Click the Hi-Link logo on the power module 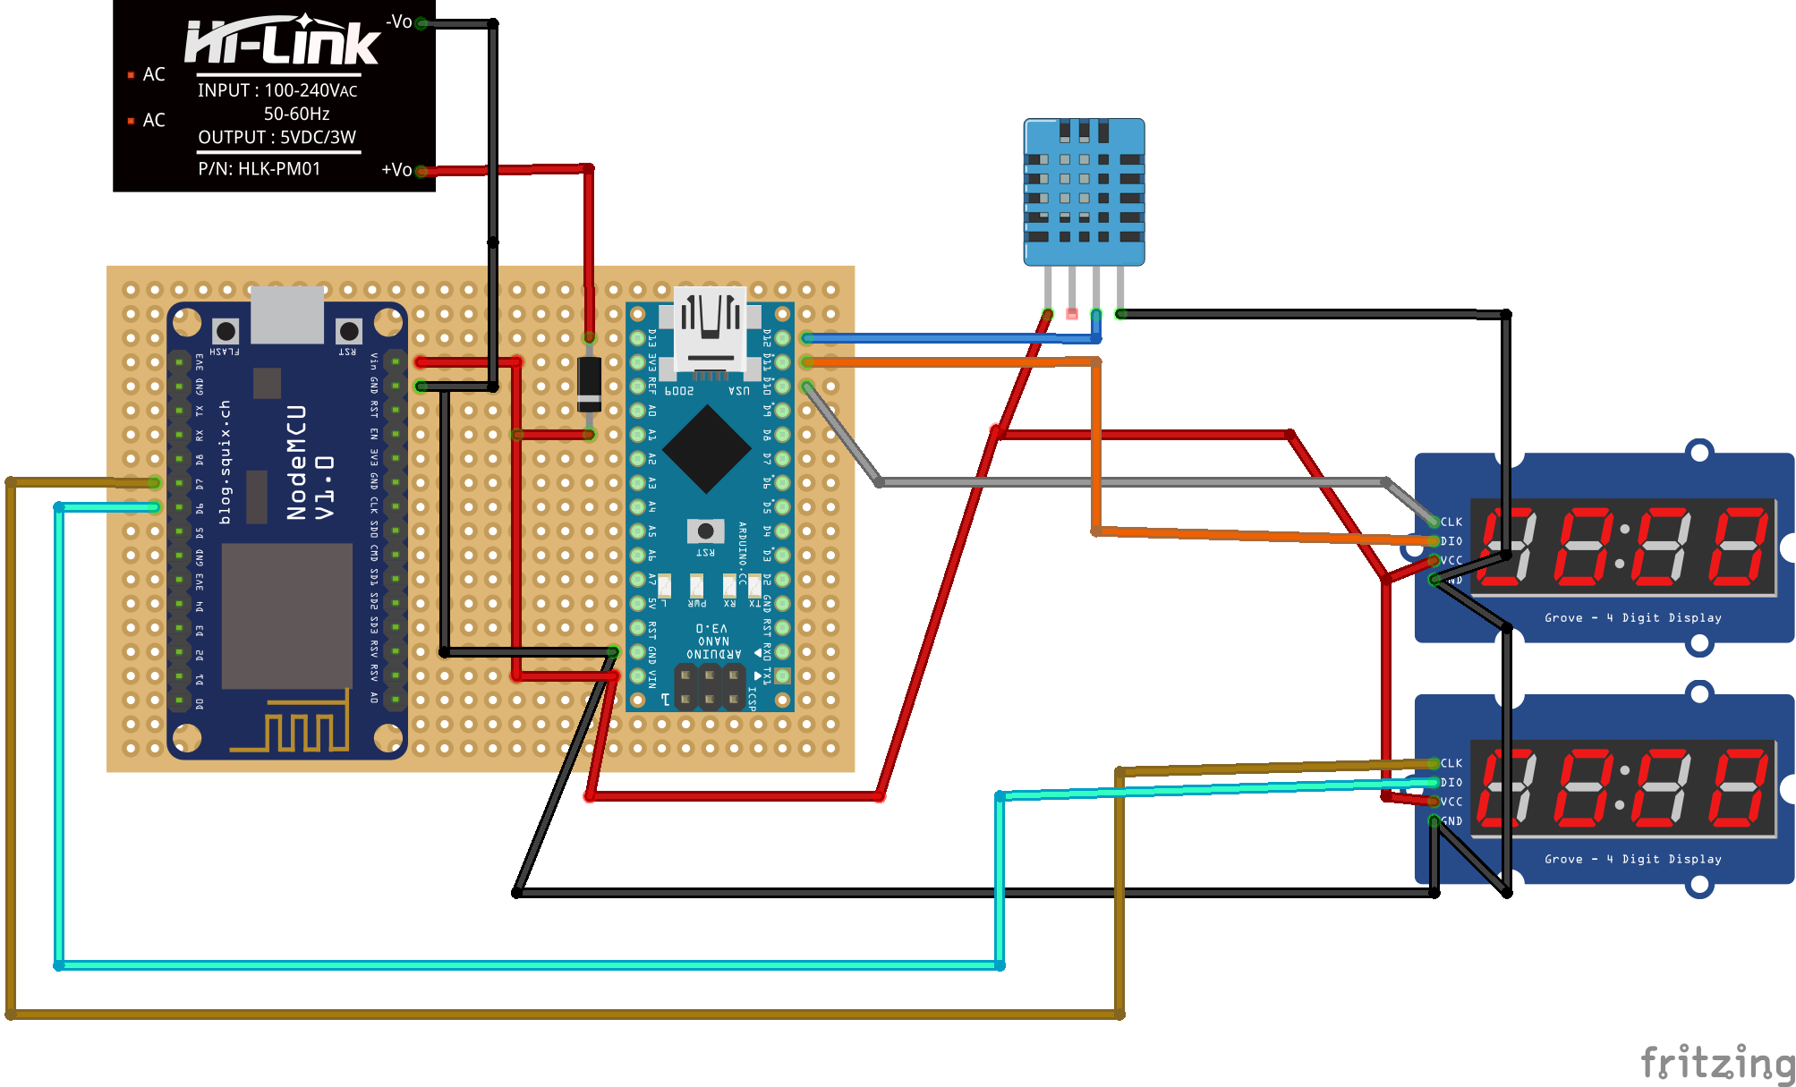282,43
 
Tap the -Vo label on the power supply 398,21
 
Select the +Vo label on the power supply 396,169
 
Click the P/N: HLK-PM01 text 259,169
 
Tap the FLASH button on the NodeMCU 226,332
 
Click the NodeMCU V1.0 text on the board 310,462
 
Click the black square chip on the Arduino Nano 707,449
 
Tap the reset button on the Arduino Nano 705,531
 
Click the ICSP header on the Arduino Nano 710,687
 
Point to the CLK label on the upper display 1451,522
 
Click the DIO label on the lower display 1451,783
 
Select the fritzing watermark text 1716,1062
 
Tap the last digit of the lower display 1740,788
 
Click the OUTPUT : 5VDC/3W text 277,138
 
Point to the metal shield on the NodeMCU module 286,616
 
